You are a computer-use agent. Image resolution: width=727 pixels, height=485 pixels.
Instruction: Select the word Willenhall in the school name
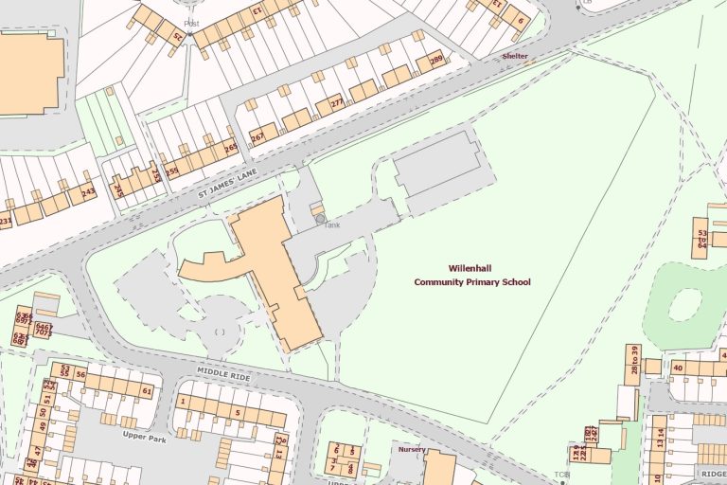[x=470, y=268]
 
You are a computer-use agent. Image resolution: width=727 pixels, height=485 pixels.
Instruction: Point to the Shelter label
[x=515, y=56]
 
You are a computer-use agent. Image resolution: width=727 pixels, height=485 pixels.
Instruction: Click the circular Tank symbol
[x=321, y=219]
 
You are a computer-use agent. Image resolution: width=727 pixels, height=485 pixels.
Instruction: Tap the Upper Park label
[x=144, y=436]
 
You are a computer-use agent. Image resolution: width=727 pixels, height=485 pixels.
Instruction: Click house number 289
[x=435, y=61]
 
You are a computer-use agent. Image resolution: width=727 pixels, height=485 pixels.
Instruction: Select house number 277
[x=337, y=101]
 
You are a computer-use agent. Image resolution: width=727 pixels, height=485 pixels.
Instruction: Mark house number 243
[x=88, y=191]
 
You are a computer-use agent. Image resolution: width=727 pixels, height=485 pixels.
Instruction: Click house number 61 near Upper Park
[x=147, y=390]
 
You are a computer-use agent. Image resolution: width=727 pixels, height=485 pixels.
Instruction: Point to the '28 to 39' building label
[x=633, y=359]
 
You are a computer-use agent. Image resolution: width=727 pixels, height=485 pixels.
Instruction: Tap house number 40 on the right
[x=678, y=368]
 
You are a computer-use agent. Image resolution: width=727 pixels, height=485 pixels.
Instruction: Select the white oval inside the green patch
[x=684, y=304]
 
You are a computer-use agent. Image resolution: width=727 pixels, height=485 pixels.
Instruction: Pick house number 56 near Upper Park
[x=81, y=375]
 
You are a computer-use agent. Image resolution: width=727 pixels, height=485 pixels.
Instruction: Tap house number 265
[x=230, y=148]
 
